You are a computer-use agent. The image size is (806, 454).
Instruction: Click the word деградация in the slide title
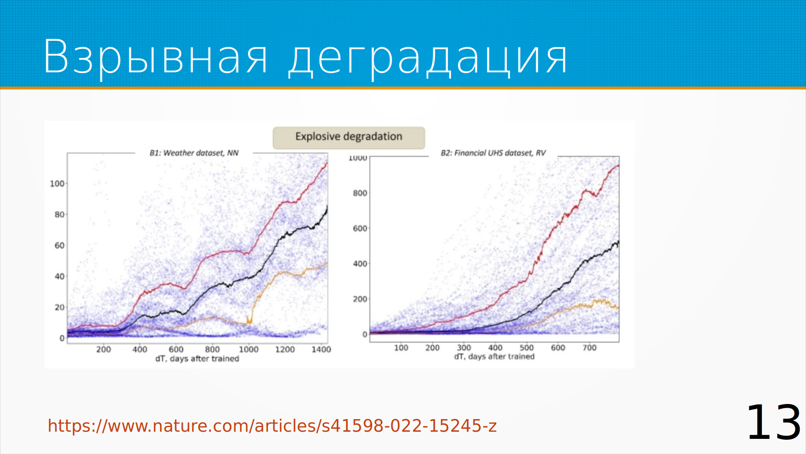(428, 59)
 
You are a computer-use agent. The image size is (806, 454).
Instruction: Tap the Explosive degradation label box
(349, 137)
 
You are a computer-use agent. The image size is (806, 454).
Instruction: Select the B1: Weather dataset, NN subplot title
(194, 153)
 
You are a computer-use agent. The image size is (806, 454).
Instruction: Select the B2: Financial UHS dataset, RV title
(493, 153)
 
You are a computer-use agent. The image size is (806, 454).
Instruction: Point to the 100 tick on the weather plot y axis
(57, 184)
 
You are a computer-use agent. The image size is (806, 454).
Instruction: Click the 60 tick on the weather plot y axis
(60, 245)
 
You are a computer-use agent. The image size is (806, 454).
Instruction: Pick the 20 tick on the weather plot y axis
(60, 307)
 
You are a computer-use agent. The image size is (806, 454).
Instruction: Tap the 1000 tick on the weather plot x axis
(249, 349)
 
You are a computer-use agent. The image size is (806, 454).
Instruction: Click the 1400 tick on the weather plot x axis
(321, 349)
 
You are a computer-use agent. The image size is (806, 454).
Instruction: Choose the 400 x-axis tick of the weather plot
(140, 349)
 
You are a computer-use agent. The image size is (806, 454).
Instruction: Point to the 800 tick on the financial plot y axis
(360, 193)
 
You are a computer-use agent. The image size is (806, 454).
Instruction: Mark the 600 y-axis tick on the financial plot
(360, 228)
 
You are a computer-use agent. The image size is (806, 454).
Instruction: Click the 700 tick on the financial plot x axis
(589, 348)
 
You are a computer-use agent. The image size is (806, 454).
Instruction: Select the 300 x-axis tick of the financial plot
(464, 348)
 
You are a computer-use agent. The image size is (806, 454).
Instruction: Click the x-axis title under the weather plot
(197, 359)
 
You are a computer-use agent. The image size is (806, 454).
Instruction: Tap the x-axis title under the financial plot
(494, 356)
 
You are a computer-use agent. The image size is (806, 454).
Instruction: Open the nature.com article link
(272, 426)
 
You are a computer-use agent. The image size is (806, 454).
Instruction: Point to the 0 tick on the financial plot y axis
(365, 335)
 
